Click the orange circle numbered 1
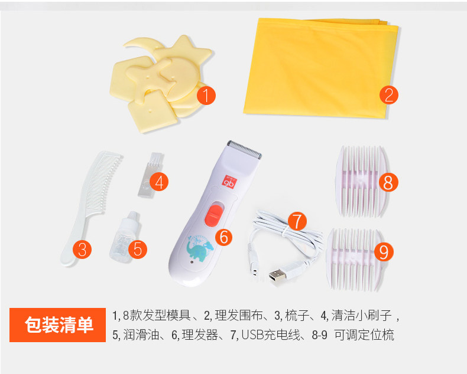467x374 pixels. (x=206, y=95)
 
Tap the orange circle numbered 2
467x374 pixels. (x=388, y=95)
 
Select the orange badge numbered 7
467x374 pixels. (x=297, y=221)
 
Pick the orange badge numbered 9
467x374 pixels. (x=384, y=251)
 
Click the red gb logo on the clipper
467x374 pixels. (x=229, y=181)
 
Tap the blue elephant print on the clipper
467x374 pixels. (x=200, y=248)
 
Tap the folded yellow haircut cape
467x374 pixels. (x=321, y=68)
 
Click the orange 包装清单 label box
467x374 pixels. (x=57, y=325)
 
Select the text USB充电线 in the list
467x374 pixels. (x=270, y=335)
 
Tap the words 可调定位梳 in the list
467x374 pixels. (x=364, y=335)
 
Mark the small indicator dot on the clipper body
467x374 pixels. (x=191, y=263)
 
